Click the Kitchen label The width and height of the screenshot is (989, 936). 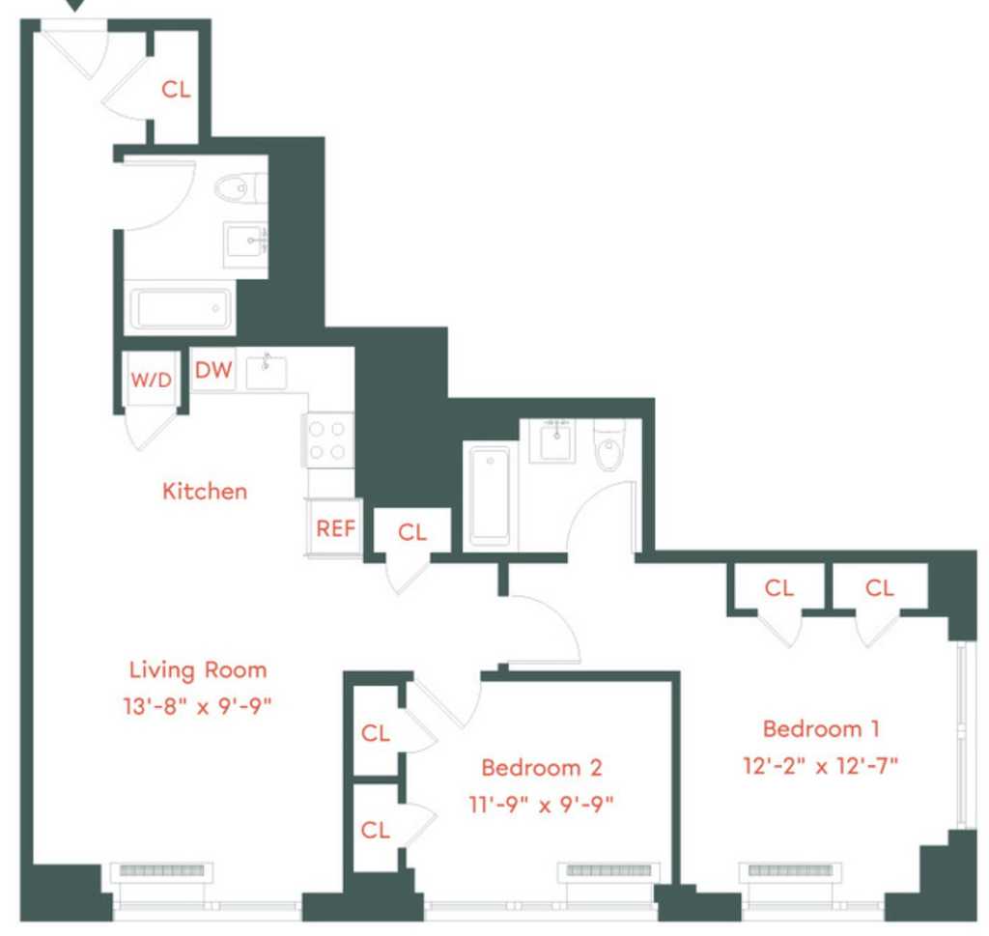pos(205,492)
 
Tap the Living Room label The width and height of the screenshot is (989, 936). pos(198,669)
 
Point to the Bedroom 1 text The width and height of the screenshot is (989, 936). pos(821,729)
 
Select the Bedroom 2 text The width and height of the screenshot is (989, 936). pos(542,768)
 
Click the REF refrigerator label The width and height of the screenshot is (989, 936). pos(335,528)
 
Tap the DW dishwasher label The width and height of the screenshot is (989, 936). pos(213,370)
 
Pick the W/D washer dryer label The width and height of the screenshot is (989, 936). pos(152,380)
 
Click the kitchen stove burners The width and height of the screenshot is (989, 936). pos(327,440)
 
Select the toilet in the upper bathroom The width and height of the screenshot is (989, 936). pos(240,188)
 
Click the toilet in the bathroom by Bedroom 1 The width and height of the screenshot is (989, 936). pos(609,444)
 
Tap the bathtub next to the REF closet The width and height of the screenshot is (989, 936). pos(490,495)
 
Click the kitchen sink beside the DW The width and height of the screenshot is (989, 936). pos(266,372)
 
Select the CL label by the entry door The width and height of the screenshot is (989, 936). pos(176,90)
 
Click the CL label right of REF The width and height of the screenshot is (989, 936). pos(412,532)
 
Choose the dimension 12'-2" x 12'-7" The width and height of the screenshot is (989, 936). pos(821,766)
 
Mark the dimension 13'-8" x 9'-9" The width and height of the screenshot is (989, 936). pos(197,706)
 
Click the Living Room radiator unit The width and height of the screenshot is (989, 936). pos(162,872)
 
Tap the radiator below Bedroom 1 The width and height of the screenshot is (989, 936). pos(791,872)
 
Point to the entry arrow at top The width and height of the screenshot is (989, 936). pos(75,5)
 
